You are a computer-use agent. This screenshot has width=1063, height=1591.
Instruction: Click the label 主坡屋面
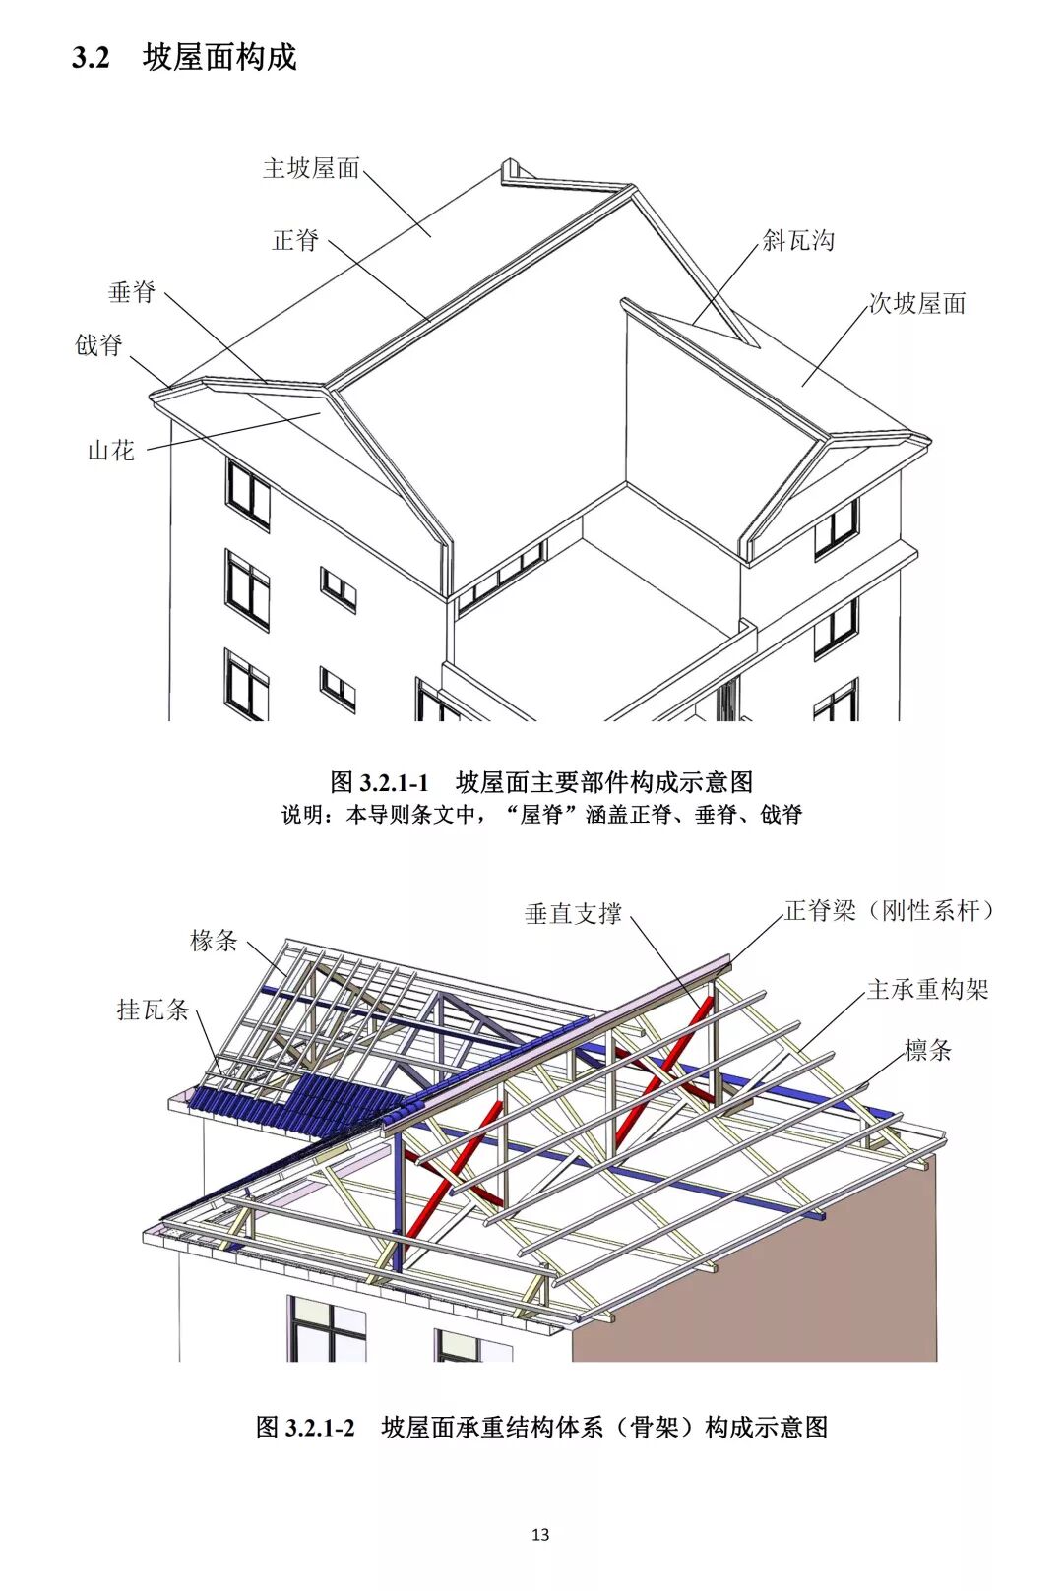[x=311, y=168]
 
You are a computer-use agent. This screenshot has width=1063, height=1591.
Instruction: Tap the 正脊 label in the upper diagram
[x=295, y=240]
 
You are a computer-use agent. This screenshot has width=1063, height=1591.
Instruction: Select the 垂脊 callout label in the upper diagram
[x=132, y=292]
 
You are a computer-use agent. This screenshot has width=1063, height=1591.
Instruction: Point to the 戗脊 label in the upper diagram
[x=99, y=345]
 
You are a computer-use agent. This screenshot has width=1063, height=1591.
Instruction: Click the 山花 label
[x=111, y=451]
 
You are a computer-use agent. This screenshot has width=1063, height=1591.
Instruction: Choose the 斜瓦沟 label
[x=798, y=240]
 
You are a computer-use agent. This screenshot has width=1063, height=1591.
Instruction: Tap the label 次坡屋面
[x=917, y=303]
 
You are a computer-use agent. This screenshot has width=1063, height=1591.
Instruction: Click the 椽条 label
[x=214, y=941]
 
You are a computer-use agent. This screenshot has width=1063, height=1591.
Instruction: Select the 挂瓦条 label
[x=153, y=1010]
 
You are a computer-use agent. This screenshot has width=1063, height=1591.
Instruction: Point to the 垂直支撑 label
[x=573, y=914]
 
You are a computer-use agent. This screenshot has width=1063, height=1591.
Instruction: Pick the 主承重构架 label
[x=927, y=989]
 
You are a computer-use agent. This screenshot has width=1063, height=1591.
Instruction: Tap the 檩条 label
[x=928, y=1050]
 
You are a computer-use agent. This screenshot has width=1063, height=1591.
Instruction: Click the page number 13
[x=539, y=1534]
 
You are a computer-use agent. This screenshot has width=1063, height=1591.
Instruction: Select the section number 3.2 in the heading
[x=90, y=58]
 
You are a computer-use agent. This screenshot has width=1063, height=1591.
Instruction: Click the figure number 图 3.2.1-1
[x=380, y=782]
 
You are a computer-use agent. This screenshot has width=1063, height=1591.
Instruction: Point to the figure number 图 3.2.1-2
[x=305, y=1427]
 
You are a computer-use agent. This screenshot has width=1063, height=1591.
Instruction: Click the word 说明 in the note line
[x=302, y=815]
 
